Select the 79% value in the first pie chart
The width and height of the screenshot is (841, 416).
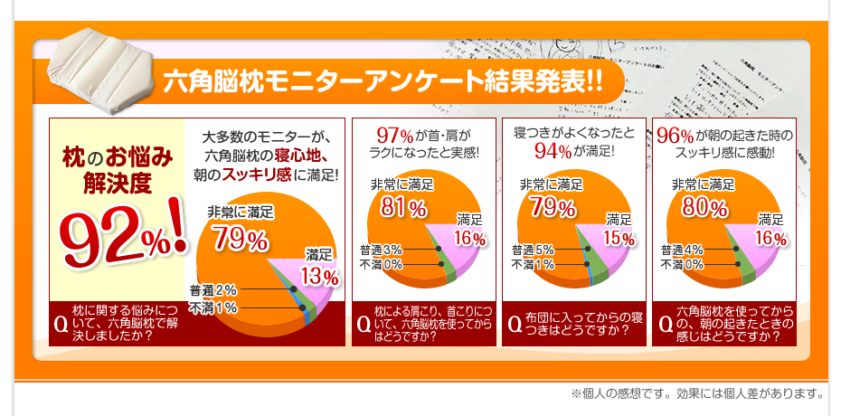coord(240,241)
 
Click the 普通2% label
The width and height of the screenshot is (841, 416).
coord(213,290)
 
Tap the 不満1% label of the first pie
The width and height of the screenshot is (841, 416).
coord(213,308)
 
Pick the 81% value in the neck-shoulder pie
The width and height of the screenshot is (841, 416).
coord(402,207)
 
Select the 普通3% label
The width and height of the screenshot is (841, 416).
coord(380,249)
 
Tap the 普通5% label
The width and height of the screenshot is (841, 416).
coord(532,249)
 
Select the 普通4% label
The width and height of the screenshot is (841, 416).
coord(682,249)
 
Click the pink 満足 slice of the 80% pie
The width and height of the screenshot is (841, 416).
coord(764,258)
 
